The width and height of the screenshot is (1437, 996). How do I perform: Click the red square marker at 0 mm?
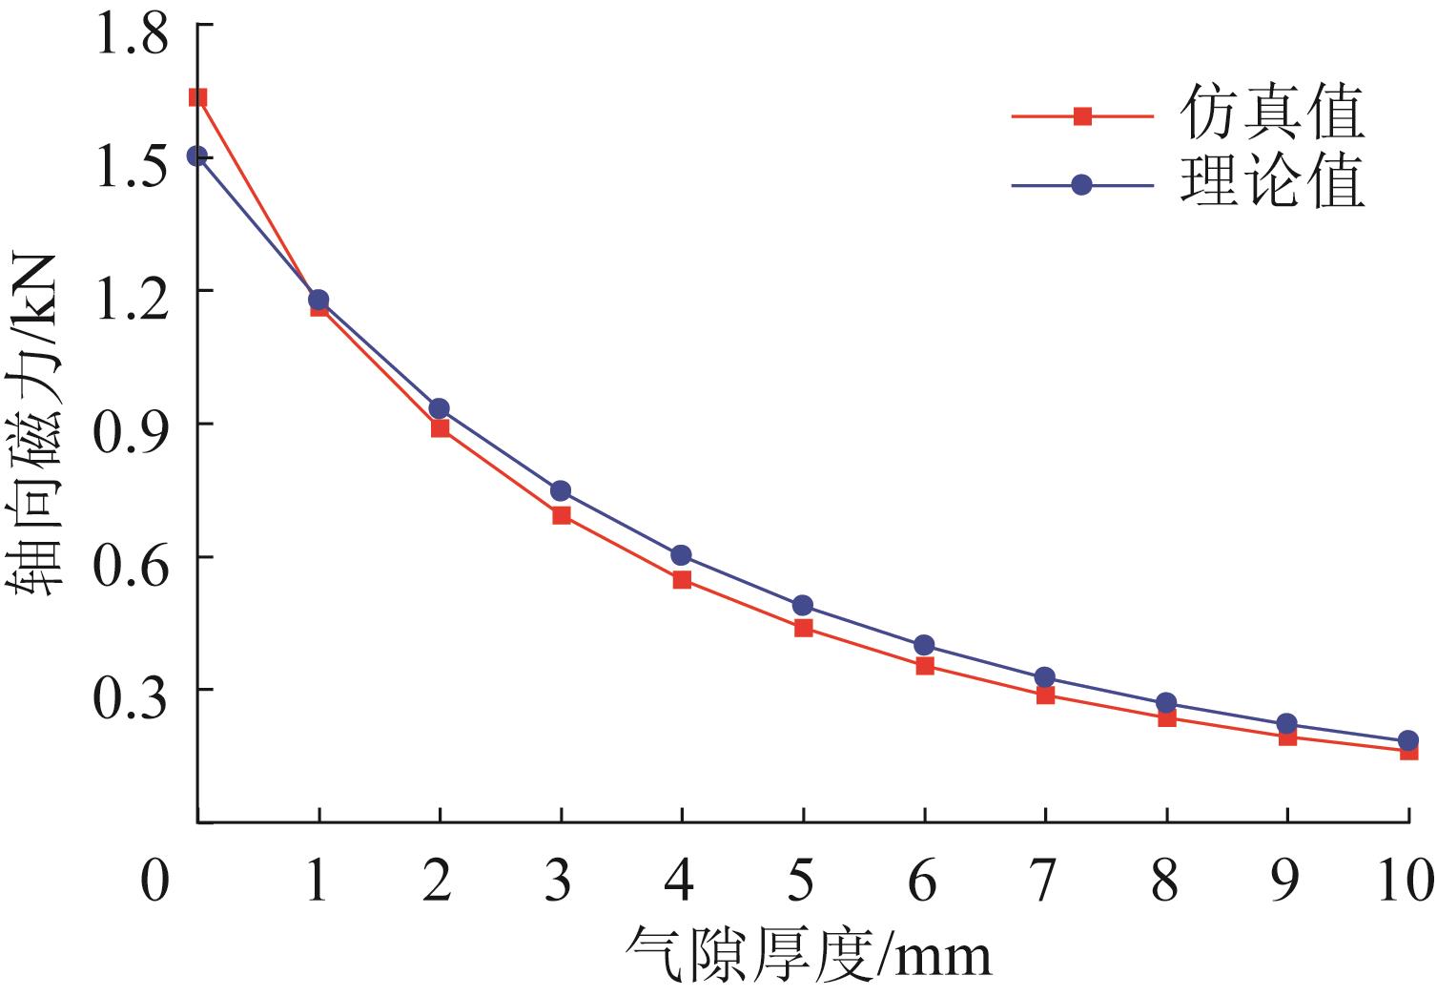197,97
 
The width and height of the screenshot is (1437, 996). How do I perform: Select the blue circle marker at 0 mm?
197,156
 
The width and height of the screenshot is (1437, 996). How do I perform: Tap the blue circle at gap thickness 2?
440,409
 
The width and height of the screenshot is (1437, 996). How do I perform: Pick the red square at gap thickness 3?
561,516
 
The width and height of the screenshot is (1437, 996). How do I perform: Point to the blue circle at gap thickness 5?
803,605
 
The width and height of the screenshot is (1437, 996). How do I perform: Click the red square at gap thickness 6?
924,666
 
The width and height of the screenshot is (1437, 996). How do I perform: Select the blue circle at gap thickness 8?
1166,703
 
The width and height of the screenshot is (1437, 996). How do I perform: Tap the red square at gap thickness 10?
1408,752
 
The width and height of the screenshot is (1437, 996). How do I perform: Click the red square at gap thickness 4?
682,579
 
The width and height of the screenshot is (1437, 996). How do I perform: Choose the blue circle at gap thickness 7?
1045,677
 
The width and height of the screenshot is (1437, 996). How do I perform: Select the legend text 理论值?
1272,181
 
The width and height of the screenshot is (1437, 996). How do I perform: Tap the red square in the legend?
1082,116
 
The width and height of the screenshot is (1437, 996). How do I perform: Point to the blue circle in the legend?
1082,185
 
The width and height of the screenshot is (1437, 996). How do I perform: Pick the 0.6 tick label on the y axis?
131,556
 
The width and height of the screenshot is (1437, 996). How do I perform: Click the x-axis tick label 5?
801,880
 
